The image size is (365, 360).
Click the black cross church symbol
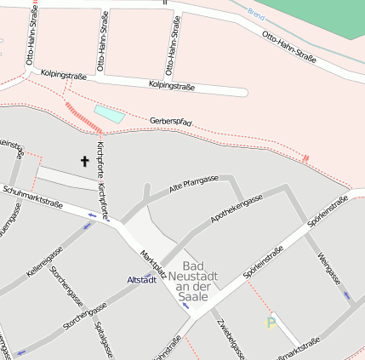[x=85, y=160]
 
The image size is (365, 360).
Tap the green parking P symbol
[x=271, y=323]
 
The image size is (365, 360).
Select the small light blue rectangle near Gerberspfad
[x=109, y=113]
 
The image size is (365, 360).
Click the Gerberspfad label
[x=170, y=124]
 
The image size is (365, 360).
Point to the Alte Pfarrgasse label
[x=194, y=185]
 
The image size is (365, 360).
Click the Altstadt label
[x=140, y=279]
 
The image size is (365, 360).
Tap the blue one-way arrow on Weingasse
[x=345, y=295]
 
